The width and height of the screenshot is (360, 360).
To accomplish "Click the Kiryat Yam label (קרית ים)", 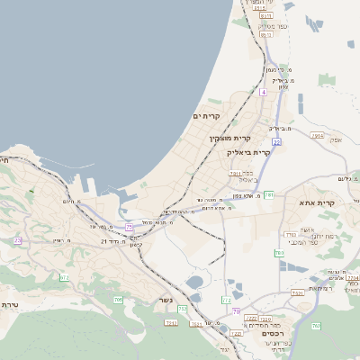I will (207, 117).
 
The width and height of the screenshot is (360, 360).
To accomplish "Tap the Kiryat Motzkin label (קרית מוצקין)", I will (230, 138).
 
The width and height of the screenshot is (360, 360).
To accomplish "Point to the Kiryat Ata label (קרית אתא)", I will (316, 202).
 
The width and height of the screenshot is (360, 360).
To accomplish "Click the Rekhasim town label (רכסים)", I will (274, 333).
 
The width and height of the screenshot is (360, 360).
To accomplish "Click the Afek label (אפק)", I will (335, 139).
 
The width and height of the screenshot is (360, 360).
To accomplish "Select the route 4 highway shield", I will (263, 93).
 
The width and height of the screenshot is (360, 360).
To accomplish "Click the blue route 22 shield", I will (276, 141).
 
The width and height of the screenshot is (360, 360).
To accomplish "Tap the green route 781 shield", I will (269, 193).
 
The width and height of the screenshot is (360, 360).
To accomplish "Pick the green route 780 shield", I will (280, 253).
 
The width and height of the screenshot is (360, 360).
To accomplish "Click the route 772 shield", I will (227, 298).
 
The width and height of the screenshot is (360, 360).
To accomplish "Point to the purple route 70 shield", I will (237, 310).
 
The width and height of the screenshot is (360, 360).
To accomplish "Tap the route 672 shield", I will (65, 277).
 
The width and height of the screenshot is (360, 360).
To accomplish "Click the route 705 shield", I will (119, 299).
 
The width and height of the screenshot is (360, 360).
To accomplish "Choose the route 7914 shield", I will (317, 135).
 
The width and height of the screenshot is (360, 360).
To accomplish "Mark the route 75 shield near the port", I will (130, 226).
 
